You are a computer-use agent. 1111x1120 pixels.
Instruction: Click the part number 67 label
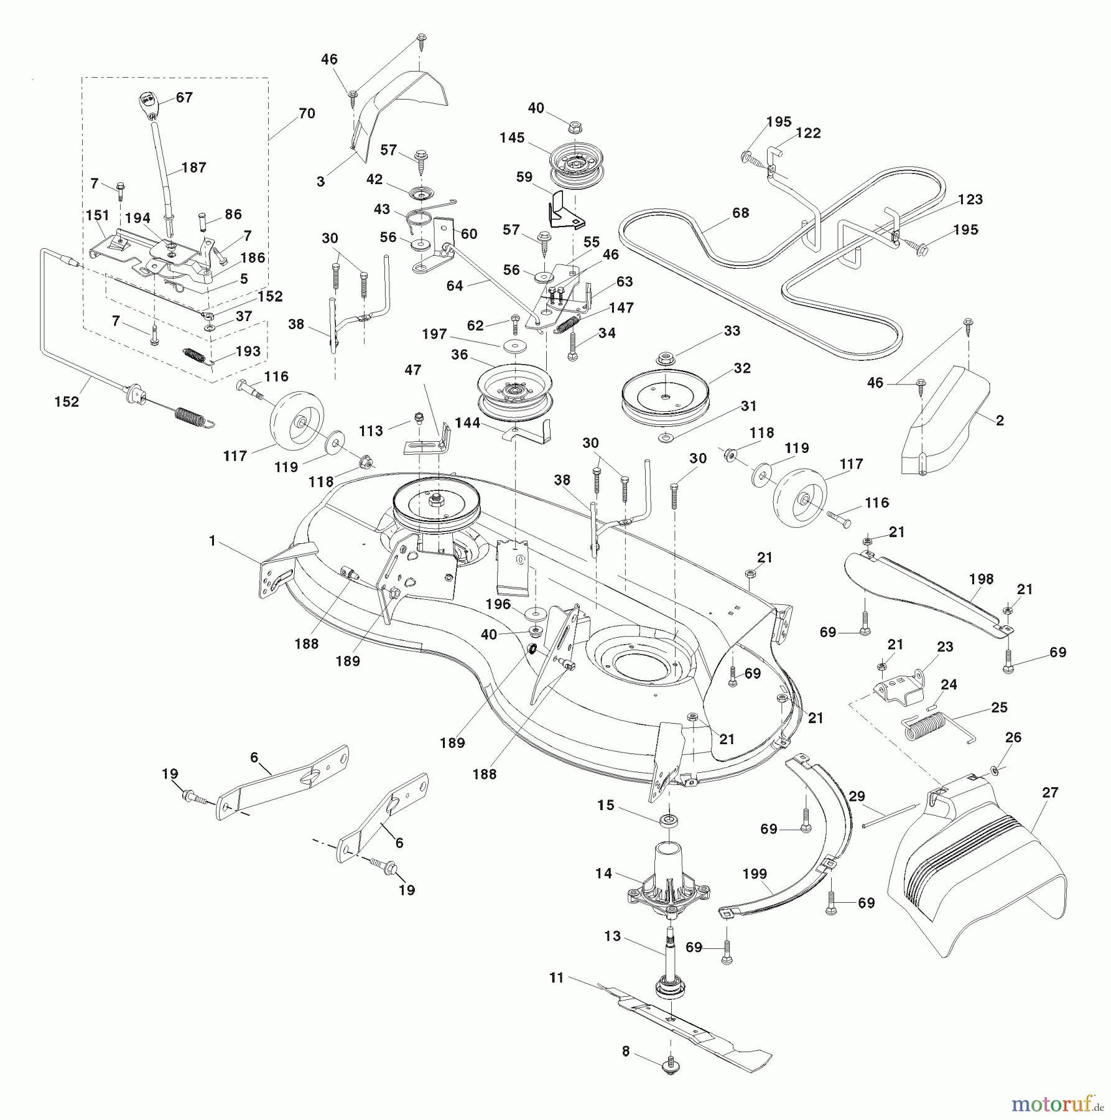tap(184, 97)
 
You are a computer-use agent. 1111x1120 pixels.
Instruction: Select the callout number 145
tap(512, 138)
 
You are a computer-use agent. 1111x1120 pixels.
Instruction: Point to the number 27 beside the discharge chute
tap(1050, 793)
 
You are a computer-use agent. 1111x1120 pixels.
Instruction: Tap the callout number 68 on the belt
tap(741, 213)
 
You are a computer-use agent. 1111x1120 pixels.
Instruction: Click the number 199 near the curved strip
tap(755, 874)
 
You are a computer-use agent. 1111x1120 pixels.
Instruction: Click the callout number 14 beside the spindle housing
tap(603, 874)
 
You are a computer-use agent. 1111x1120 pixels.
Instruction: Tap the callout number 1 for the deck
tap(212, 541)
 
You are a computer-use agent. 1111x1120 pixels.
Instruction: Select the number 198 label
tap(982, 579)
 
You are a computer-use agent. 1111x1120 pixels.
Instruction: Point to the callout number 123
tap(970, 199)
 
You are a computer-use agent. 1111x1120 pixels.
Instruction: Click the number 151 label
tap(97, 215)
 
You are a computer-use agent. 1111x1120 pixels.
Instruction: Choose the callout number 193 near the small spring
tap(248, 351)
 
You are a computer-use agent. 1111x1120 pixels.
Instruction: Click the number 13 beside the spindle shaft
tap(612, 936)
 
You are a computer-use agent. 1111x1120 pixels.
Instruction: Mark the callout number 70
tap(307, 113)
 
